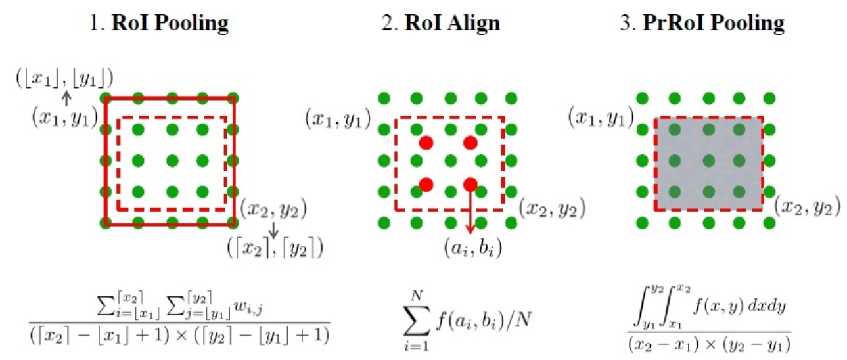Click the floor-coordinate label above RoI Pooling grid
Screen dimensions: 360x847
click(x=64, y=79)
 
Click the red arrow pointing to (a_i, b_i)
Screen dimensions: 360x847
click(x=470, y=210)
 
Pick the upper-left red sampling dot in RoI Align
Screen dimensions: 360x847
click(x=425, y=143)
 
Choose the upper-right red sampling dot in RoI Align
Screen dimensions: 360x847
click(x=470, y=143)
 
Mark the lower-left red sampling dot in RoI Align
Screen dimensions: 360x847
click(x=425, y=185)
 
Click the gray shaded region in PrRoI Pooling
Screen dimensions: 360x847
click(x=708, y=164)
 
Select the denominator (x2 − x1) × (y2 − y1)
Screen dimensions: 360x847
click(x=709, y=343)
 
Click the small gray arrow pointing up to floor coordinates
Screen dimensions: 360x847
click(x=66, y=99)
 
